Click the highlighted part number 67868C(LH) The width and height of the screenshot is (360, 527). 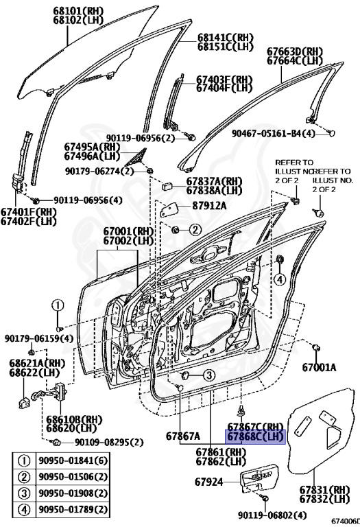pyautogui.click(x=255, y=436)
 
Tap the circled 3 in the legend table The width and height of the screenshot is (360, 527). pyautogui.click(x=23, y=494)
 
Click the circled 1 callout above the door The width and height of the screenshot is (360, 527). pyautogui.click(x=59, y=307)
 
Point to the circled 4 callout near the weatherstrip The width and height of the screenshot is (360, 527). pyautogui.click(x=279, y=279)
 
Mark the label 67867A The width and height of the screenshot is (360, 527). pyautogui.click(x=182, y=436)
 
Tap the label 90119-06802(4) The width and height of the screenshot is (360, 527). pyautogui.click(x=269, y=515)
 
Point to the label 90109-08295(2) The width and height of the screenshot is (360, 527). pyautogui.click(x=109, y=442)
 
